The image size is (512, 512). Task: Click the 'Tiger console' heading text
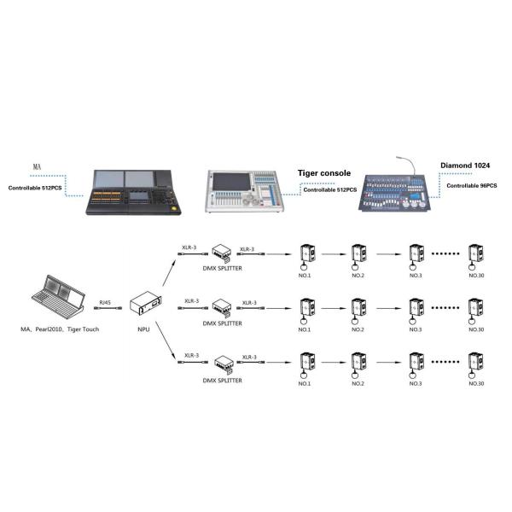(324, 172)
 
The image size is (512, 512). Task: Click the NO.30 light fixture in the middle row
(476, 309)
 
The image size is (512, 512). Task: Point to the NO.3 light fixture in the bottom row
(416, 364)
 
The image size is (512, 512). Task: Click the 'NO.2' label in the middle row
(358, 329)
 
